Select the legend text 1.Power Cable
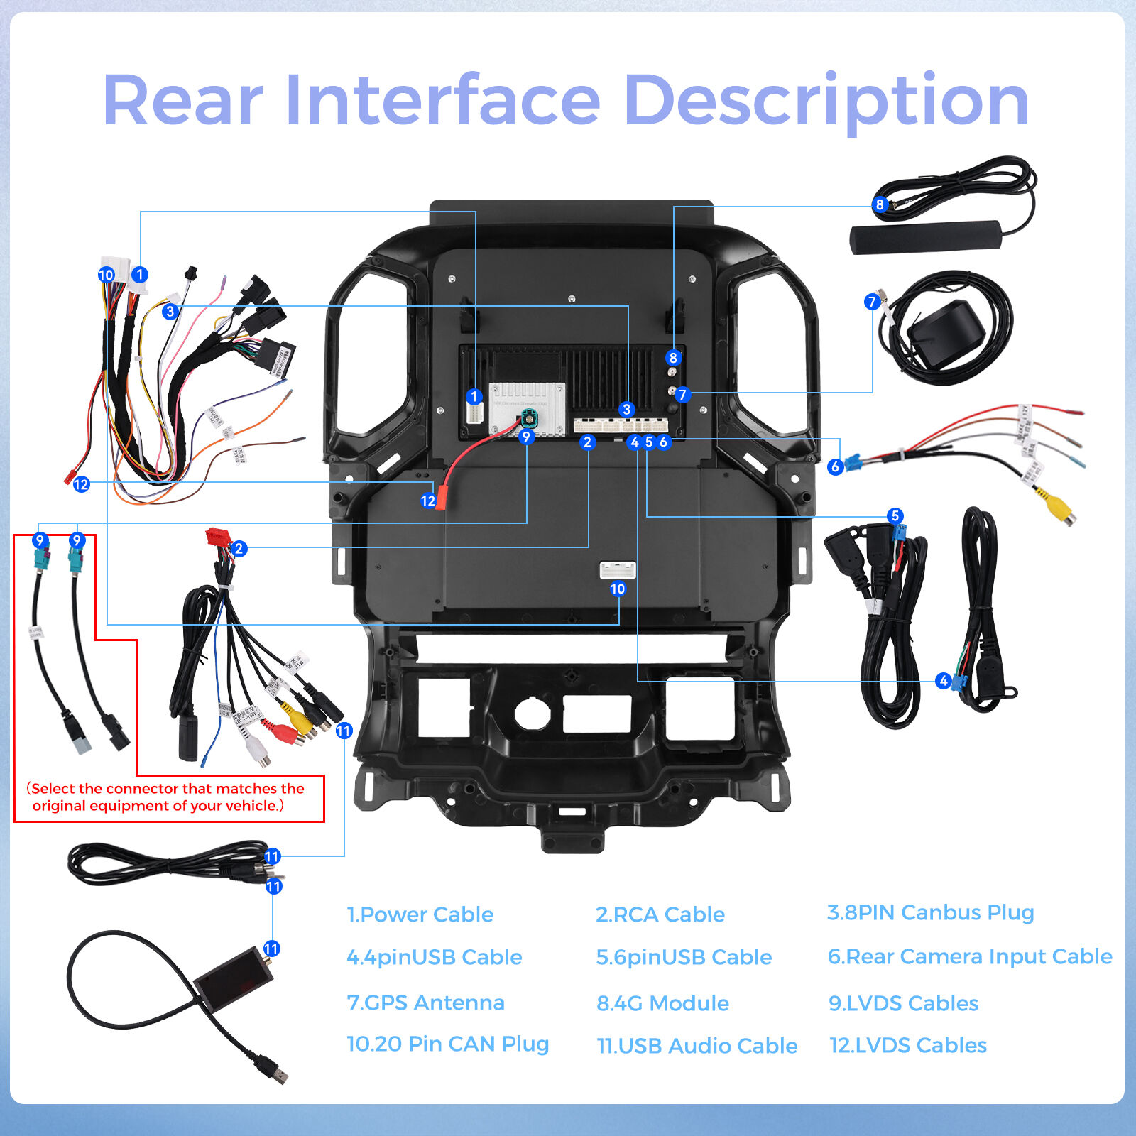[x=420, y=914]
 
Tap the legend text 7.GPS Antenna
[x=425, y=1003]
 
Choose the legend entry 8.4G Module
[x=662, y=1003]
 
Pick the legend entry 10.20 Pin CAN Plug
[x=447, y=1044]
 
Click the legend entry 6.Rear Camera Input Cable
[x=969, y=956]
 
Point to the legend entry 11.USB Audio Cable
[x=697, y=1046]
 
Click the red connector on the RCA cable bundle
[x=217, y=537]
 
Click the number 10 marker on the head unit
[x=618, y=589]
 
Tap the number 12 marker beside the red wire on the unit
[x=427, y=501]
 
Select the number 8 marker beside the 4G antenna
[x=880, y=204]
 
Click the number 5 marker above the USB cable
[x=895, y=515]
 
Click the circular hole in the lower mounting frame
[x=531, y=712]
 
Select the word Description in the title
[x=826, y=101]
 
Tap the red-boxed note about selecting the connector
[x=168, y=797]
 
